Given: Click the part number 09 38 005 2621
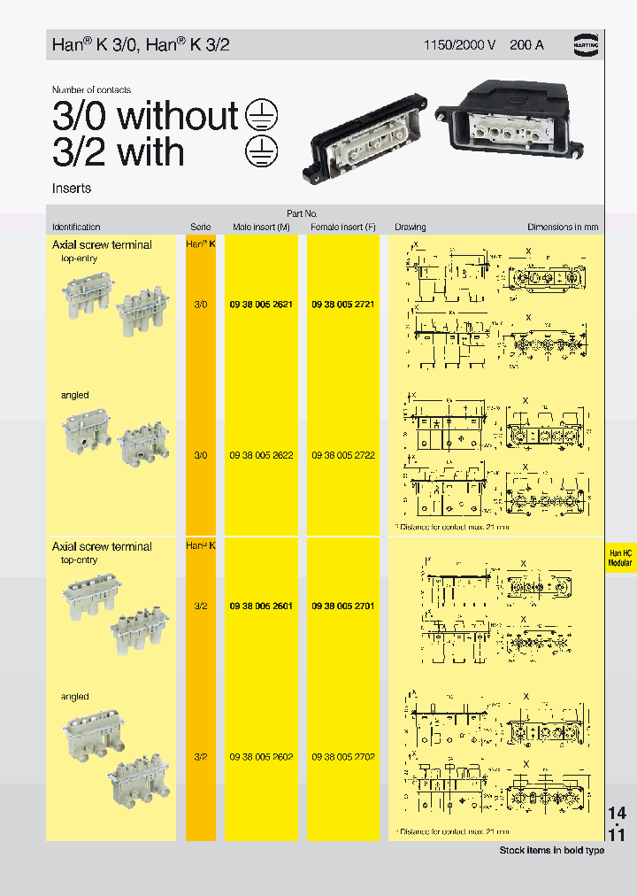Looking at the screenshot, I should (261, 304).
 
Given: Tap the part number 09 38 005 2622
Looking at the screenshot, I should (261, 455).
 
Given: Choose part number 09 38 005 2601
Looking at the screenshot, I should (261, 606).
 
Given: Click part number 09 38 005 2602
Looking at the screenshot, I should (261, 758).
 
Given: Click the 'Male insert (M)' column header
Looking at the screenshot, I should (261, 228).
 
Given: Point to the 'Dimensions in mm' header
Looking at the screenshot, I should (563, 228).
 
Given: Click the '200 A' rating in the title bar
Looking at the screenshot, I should (526, 44).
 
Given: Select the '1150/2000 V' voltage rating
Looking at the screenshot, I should (458, 44).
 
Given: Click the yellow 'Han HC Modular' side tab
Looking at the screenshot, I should (620, 557).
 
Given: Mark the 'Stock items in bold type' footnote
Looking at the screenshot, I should (552, 850).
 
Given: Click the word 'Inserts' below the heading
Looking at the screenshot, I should (72, 189).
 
